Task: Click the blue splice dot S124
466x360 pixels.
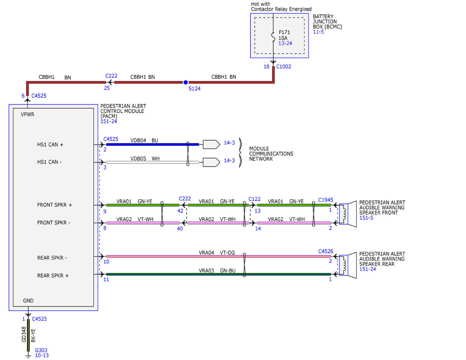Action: click(x=186, y=82)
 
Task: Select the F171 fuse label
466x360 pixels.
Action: click(x=284, y=32)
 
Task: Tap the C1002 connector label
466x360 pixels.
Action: click(x=283, y=66)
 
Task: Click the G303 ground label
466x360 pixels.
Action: click(x=41, y=350)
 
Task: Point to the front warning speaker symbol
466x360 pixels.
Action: click(x=348, y=214)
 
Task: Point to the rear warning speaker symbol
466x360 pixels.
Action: click(x=348, y=265)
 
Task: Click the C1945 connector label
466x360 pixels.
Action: click(x=325, y=200)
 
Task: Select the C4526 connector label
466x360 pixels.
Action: click(x=325, y=251)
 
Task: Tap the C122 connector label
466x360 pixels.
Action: click(x=254, y=199)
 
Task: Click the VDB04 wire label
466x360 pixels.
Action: click(x=138, y=141)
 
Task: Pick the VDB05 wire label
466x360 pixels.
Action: click(x=138, y=158)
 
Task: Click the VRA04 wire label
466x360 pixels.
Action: click(x=206, y=252)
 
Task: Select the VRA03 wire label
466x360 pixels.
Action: click(x=206, y=270)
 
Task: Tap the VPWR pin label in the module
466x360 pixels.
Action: click(x=28, y=114)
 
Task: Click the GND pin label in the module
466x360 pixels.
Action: click(x=28, y=301)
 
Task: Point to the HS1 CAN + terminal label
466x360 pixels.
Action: click(x=50, y=144)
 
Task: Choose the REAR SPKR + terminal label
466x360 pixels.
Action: click(x=53, y=275)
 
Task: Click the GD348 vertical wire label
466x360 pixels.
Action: click(x=24, y=334)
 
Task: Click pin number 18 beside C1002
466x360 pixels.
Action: click(x=266, y=66)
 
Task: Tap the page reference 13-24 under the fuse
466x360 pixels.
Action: click(x=285, y=43)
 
